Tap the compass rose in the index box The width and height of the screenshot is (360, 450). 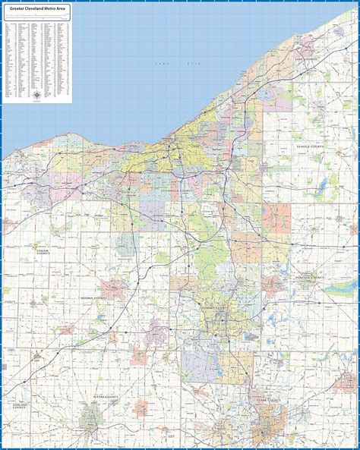point(38,94)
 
